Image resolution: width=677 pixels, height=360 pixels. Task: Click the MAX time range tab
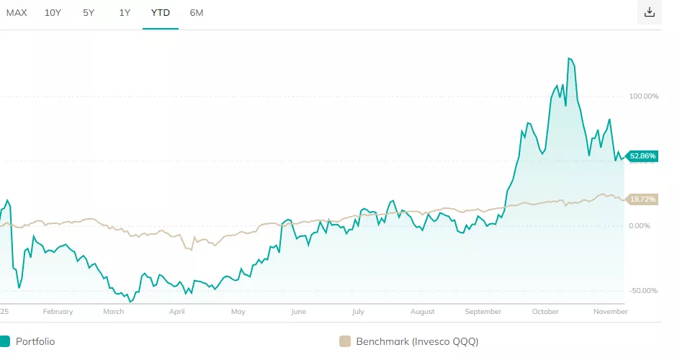coord(17,12)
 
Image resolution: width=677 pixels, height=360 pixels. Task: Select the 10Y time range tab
coord(53,12)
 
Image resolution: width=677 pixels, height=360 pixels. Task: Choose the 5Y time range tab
coord(89,12)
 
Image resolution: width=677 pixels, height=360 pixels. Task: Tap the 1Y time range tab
coord(125,12)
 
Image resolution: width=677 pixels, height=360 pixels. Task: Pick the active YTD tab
coord(160,12)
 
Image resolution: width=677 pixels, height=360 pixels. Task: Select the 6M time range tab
coord(197,12)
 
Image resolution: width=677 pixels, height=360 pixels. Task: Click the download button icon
coord(650,12)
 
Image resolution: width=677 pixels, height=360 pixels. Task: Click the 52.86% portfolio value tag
coord(642,156)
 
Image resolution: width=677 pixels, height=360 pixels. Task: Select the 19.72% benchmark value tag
coord(642,199)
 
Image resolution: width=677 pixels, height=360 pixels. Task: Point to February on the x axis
coord(58,312)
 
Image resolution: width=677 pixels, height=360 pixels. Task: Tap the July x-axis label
coord(358,312)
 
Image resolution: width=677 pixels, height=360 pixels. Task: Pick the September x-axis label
coord(483,312)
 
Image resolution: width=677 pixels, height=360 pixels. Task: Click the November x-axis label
coord(610,312)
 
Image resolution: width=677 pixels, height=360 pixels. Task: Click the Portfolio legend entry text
coord(35,341)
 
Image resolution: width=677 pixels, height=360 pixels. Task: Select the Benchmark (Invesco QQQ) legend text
coord(417,341)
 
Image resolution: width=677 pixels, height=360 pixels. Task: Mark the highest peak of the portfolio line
coord(569,58)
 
